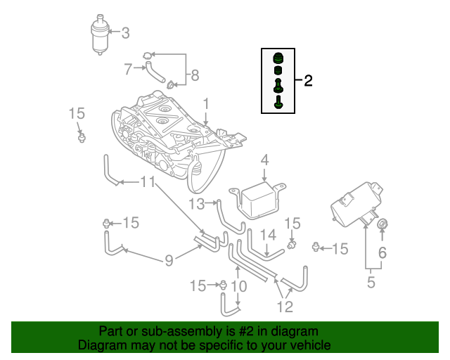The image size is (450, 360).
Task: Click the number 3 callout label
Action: coord(126,32)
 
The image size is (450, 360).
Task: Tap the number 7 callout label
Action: coord(128,69)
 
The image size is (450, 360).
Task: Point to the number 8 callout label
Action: coord(195,75)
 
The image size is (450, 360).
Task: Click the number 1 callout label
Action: coord(206,104)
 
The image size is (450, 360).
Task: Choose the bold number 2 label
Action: coord(308,81)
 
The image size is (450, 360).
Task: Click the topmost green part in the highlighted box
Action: coord(278,57)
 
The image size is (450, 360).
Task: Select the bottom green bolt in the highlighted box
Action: coord(278,102)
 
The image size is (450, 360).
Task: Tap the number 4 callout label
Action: coord(264,161)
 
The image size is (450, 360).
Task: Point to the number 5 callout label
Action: coord(371,283)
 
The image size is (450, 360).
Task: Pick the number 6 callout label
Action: coord(383,252)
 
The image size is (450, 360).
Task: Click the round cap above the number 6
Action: coord(383,224)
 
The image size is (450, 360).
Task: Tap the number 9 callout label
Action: coord(169,262)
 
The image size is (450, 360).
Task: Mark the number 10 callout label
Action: coord(238,286)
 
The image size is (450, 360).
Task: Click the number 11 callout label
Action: coord(147,183)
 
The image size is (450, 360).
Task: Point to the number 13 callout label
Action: coord(196,204)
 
